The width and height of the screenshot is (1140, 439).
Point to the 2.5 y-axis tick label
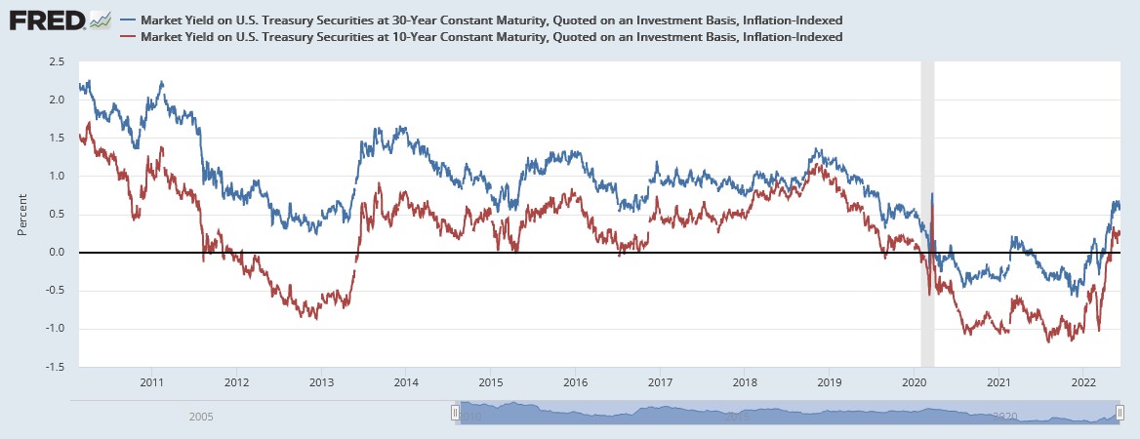(57, 61)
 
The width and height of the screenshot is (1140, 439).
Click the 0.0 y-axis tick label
(57, 253)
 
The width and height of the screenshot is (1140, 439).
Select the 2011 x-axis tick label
(151, 382)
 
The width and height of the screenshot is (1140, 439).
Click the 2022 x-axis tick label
(1083, 382)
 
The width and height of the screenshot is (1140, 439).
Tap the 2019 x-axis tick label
(830, 382)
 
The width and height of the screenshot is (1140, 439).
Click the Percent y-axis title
(22, 214)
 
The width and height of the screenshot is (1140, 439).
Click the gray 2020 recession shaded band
(927, 214)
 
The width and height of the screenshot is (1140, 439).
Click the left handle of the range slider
(455, 413)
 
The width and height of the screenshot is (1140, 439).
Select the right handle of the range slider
(1120, 413)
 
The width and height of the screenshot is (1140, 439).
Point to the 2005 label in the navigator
(201, 416)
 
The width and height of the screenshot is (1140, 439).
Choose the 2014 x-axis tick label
(406, 382)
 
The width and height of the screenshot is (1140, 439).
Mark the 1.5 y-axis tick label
(57, 138)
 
